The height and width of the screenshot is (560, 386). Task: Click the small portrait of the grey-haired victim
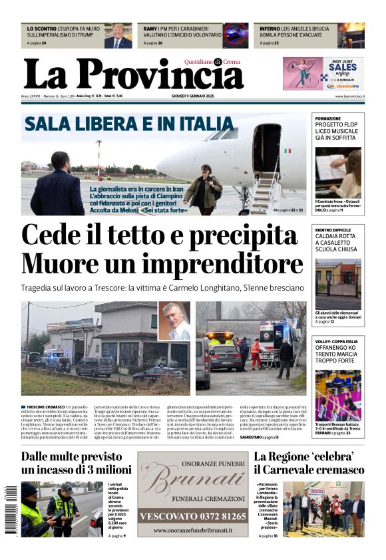pos(174,321)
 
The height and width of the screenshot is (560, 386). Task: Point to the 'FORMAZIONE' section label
pos(328,118)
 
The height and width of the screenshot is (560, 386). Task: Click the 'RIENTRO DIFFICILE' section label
pos(333,229)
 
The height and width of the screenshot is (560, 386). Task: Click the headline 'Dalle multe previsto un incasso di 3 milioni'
pos(74,464)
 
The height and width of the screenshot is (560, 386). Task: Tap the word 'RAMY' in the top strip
pos(150,29)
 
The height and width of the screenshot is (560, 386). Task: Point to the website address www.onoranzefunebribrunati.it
pos(192,531)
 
